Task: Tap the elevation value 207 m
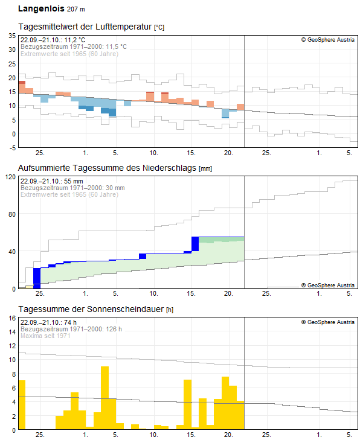(76, 10)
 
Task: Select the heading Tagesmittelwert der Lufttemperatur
(85, 27)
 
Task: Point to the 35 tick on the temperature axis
(12, 36)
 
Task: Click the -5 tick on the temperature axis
(13, 147)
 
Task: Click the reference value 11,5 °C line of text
(74, 46)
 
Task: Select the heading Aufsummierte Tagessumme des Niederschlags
(108, 168)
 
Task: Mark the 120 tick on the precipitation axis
(10, 177)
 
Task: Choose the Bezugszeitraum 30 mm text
(72, 188)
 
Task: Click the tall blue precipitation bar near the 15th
(195, 243)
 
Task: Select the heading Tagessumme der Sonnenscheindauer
(91, 309)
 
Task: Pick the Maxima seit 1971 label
(46, 336)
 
